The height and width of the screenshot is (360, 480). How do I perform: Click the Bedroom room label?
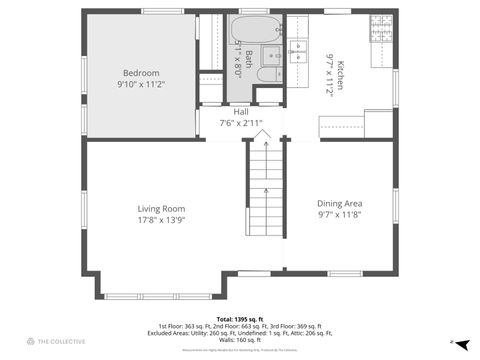140,73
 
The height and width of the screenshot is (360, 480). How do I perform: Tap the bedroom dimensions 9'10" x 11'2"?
140,86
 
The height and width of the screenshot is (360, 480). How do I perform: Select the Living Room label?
161,209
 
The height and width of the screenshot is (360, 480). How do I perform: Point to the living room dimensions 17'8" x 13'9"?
161,221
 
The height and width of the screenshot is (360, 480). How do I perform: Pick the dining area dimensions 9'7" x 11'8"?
339,214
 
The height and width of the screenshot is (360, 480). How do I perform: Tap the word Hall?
241,112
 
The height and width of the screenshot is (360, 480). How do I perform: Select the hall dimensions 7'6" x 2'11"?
241,123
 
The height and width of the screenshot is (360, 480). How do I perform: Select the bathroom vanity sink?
271,54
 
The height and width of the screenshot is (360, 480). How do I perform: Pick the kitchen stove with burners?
381,36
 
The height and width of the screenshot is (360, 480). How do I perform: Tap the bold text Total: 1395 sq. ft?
240,319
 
